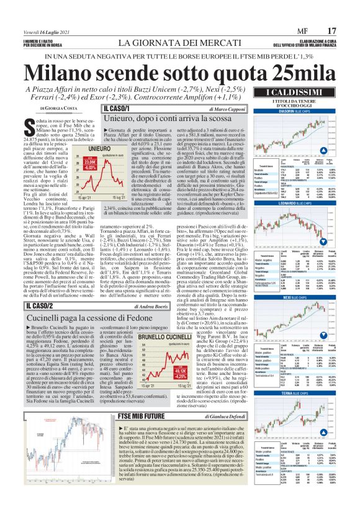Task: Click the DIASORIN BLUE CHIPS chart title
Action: pos(291,112)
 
